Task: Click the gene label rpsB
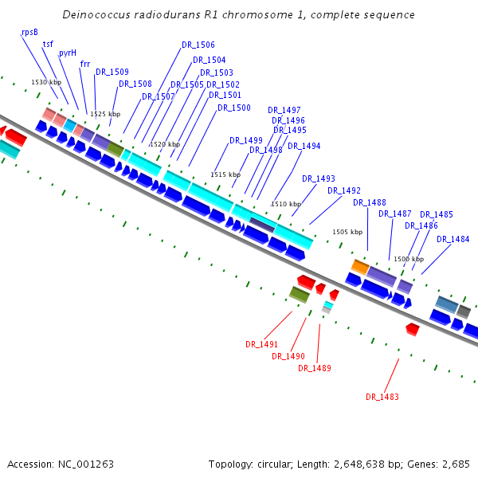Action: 29,32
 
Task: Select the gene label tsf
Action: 48,44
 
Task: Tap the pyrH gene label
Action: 68,53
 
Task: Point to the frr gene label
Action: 85,63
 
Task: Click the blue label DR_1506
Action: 198,45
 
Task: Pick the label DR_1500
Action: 234,108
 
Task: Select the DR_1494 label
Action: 304,147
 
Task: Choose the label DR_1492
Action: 344,191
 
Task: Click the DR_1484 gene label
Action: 453,240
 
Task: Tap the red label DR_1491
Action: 261,345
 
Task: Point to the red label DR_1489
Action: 315,369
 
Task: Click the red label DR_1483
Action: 382,397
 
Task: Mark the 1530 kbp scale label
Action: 46,82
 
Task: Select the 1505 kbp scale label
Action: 347,232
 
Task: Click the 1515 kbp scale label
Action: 225,174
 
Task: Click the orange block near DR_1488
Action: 360,267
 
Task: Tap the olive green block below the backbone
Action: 300,295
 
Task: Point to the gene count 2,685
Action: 454,464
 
